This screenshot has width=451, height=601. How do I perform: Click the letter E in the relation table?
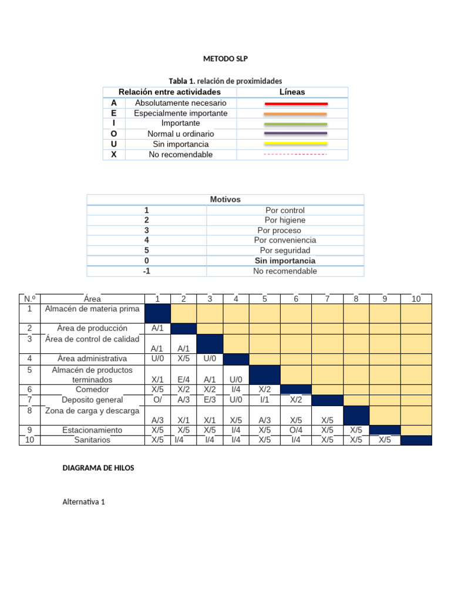[x=113, y=113]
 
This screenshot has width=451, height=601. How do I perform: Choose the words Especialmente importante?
[x=180, y=113]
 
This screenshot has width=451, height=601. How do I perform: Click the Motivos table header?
[x=225, y=200]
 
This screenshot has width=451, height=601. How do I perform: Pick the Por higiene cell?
[x=285, y=220]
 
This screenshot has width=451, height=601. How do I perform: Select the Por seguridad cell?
[x=285, y=251]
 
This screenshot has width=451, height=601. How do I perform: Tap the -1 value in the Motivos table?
[x=146, y=271]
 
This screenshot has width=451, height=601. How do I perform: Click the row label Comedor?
[x=92, y=389]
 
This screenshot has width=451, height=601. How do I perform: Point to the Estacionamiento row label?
[x=92, y=430]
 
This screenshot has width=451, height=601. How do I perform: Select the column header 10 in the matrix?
[x=416, y=299]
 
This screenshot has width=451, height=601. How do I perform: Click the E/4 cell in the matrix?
[x=183, y=380]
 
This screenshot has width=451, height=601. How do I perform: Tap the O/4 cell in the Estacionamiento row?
[x=295, y=430]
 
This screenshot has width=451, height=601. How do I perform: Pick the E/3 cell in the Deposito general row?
[x=210, y=400]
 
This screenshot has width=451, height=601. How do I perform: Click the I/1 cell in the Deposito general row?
[x=264, y=400]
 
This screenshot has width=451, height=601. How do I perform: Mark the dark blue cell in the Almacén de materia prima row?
[x=157, y=313]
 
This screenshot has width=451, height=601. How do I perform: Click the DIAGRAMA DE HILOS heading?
[x=98, y=468]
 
